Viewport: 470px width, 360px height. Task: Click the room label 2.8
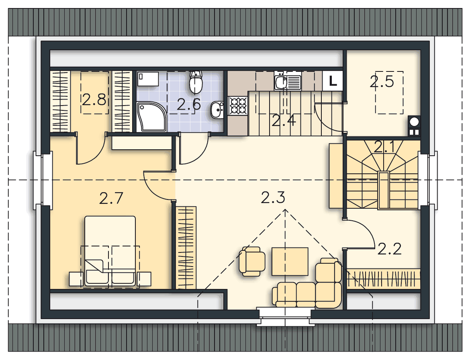[x=94, y=100]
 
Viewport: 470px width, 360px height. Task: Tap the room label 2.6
[x=188, y=104]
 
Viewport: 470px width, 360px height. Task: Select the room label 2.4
[x=284, y=120]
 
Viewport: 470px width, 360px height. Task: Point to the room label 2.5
[x=382, y=81]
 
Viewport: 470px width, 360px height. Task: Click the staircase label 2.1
[x=384, y=147]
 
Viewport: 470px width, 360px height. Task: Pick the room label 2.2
[x=389, y=249]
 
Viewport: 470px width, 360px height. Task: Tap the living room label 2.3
[x=273, y=198]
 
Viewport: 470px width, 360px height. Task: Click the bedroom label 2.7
[x=111, y=198]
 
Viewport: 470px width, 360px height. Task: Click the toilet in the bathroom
[x=196, y=82]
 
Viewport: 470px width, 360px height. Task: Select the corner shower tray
[x=151, y=116]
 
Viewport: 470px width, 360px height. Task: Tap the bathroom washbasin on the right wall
[x=217, y=110]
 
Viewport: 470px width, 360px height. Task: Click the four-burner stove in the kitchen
[x=238, y=106]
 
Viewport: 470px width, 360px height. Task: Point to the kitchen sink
[x=287, y=82]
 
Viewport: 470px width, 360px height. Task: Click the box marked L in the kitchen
[x=333, y=81]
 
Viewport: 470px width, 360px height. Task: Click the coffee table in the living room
[x=290, y=261]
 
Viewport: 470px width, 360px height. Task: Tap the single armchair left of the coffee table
[x=252, y=261]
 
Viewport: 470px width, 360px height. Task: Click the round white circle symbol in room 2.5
[x=414, y=122]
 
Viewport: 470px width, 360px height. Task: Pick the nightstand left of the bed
[x=76, y=279]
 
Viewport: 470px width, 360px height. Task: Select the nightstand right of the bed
[x=144, y=279]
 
